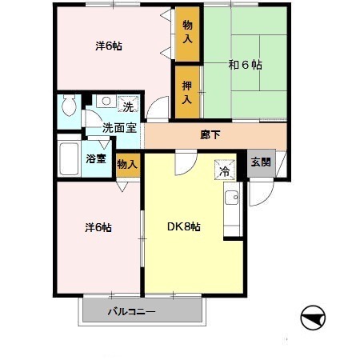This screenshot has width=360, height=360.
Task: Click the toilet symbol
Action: [69, 106]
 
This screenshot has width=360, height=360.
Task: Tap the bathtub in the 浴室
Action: [69, 159]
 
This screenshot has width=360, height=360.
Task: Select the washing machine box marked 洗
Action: [128, 104]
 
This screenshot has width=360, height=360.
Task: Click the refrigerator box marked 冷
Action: [225, 170]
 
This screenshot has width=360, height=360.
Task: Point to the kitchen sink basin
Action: [231, 198]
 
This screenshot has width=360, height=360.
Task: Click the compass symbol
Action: [313, 318]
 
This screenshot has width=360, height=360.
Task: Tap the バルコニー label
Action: [131, 311]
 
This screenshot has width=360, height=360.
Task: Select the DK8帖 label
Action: [184, 226]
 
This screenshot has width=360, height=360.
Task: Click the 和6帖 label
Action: [245, 65]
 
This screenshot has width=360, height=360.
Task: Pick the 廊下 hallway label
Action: [210, 135]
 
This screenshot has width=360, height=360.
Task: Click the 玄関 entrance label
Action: [261, 162]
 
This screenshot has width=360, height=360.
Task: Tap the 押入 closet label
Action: [187, 93]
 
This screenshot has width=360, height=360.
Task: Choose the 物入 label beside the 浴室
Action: [127, 164]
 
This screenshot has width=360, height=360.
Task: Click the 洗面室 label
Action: [120, 128]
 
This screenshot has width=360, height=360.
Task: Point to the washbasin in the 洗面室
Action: [106, 102]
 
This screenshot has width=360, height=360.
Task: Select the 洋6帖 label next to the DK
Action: [98, 227]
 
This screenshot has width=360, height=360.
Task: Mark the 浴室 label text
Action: [96, 158]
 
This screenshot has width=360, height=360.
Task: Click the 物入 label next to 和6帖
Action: [187, 32]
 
